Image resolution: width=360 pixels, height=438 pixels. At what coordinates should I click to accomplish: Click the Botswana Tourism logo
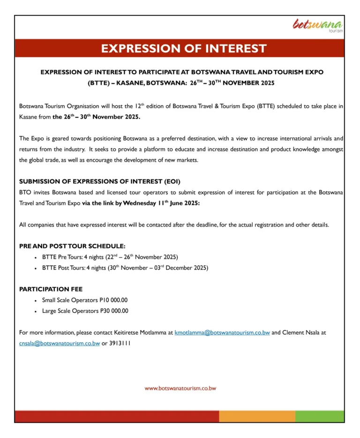(x=317, y=26)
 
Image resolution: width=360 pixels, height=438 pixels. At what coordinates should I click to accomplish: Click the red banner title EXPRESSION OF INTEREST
(x=184, y=48)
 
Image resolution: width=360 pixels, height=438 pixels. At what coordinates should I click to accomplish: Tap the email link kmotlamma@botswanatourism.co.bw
(x=222, y=333)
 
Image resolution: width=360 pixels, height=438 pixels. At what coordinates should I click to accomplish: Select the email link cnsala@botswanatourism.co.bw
(x=60, y=343)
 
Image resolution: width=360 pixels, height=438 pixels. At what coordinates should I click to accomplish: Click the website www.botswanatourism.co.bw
(x=180, y=388)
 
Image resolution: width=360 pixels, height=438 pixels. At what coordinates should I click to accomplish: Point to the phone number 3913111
(x=120, y=343)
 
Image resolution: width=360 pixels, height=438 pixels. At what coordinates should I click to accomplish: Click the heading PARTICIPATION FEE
(x=51, y=289)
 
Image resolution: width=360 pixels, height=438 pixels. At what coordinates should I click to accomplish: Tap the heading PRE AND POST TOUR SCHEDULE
(x=72, y=246)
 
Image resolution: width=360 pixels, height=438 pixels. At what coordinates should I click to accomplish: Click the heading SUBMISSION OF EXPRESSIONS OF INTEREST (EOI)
(x=100, y=181)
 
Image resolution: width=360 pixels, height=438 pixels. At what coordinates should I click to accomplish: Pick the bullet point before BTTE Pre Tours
(x=36, y=258)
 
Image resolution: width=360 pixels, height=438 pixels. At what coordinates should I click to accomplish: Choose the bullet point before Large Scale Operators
(x=36, y=311)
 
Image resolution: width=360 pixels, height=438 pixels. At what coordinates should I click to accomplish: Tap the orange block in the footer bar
(x=256, y=416)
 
